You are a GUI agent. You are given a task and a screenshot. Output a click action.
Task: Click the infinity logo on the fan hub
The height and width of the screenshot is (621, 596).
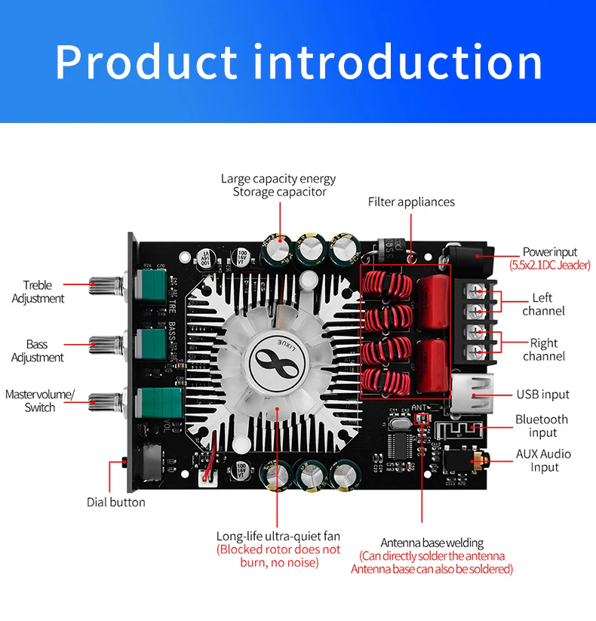point(276,363)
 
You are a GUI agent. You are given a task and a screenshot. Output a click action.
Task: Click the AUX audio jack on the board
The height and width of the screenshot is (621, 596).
point(466,460)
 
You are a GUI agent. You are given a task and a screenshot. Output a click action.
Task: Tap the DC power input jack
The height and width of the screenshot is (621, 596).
point(470,260)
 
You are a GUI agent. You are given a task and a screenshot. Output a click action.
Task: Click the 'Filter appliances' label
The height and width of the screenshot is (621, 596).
point(411,202)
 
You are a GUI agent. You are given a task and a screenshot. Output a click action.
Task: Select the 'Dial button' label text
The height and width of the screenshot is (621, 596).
point(116,503)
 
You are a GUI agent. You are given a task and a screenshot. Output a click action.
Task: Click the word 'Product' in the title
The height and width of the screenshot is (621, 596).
point(146,62)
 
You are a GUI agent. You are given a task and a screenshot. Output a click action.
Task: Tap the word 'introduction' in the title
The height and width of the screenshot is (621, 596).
point(398,62)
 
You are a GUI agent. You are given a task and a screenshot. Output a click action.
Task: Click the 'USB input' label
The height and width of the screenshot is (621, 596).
point(543,395)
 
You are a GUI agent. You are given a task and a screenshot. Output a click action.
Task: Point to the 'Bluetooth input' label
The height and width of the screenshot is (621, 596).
point(542,426)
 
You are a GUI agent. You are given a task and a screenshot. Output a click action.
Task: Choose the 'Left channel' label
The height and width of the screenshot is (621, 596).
point(543,304)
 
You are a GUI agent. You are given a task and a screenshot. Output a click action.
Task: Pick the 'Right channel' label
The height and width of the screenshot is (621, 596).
point(544,349)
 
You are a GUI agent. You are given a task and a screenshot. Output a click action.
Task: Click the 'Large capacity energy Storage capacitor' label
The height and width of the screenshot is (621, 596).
point(278,185)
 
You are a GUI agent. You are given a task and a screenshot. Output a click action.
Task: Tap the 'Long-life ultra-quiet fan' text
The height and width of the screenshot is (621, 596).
point(278,536)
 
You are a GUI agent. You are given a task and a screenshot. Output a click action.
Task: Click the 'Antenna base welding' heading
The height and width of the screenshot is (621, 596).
point(432,543)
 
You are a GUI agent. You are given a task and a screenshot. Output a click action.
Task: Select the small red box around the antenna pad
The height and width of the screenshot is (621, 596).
point(422,419)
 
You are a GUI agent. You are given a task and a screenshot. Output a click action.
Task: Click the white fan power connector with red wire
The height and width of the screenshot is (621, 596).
point(208,478)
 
